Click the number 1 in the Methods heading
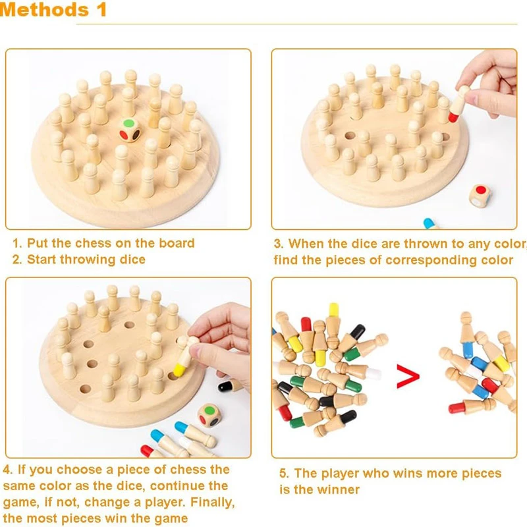point(102,9)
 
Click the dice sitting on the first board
point(130,130)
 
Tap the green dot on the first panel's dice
point(128,123)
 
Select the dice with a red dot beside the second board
point(480,196)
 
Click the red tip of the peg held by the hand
point(453,117)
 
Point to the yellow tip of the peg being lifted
point(179,370)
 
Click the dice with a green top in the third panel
point(209,416)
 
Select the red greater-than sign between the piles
point(408,376)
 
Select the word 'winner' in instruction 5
point(339,489)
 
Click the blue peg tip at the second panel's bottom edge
point(430,224)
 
